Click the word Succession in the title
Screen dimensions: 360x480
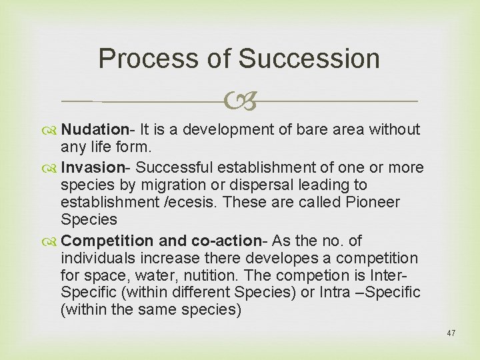point(309,59)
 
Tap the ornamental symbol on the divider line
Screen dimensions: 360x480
point(240,101)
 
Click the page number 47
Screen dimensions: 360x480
point(451,333)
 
